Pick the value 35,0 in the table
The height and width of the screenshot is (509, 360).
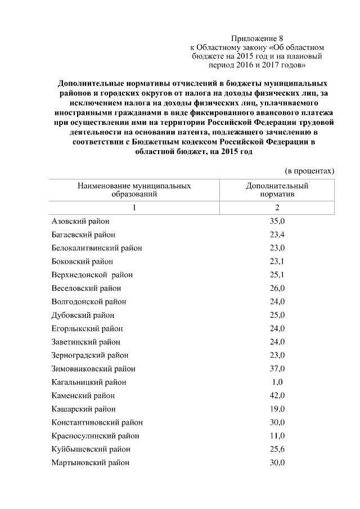coord(277,221)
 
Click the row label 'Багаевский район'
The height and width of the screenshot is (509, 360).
coord(84,235)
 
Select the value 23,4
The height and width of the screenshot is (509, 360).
coord(277,235)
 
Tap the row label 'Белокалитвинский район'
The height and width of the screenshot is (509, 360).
coord(96,248)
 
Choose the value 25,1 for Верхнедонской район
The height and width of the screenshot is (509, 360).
coord(277,275)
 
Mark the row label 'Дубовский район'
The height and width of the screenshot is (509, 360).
coord(83,315)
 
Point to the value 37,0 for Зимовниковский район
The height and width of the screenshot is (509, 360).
coord(277,369)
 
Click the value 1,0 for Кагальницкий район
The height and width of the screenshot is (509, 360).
coord(277,382)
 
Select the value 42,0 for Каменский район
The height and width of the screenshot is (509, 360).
coord(277,395)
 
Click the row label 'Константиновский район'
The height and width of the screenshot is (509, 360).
coord(97,422)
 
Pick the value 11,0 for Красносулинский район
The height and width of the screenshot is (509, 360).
coord(277,436)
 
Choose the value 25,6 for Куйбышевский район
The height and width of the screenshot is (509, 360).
coord(277,449)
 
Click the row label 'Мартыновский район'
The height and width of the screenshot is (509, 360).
coord(90,463)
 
